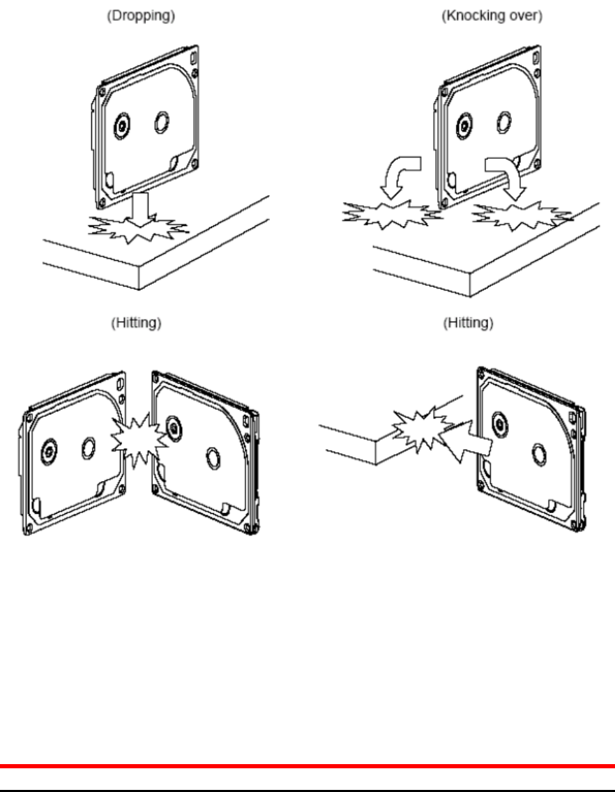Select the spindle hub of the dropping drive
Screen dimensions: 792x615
(x=121, y=126)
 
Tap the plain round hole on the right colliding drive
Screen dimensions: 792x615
(x=213, y=457)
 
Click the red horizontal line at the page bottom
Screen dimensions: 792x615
(x=307, y=766)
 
